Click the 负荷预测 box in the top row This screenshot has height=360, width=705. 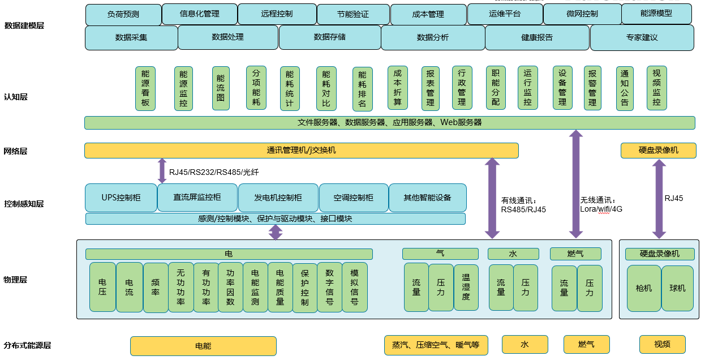123,14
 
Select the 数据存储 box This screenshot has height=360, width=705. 329,37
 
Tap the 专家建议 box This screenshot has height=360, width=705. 642,38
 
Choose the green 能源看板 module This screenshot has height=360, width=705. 145,88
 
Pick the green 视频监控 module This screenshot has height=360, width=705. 656,88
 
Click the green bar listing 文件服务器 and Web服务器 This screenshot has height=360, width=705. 389,122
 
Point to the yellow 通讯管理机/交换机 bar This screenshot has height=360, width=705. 301,151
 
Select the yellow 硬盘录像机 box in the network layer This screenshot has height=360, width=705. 658,151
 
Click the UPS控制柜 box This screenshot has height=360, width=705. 121,198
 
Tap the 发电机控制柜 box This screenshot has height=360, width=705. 278,198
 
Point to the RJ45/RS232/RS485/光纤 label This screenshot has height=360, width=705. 213,172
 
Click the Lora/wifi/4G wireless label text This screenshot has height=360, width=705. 601,209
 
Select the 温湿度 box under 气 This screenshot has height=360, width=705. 466,288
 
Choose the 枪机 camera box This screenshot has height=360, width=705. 643,289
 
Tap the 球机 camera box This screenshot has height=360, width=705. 677,289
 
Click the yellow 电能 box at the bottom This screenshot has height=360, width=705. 203,346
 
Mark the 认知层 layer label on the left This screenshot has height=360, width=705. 16,97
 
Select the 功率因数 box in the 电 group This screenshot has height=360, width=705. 230,288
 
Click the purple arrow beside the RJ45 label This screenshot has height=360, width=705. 659,199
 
